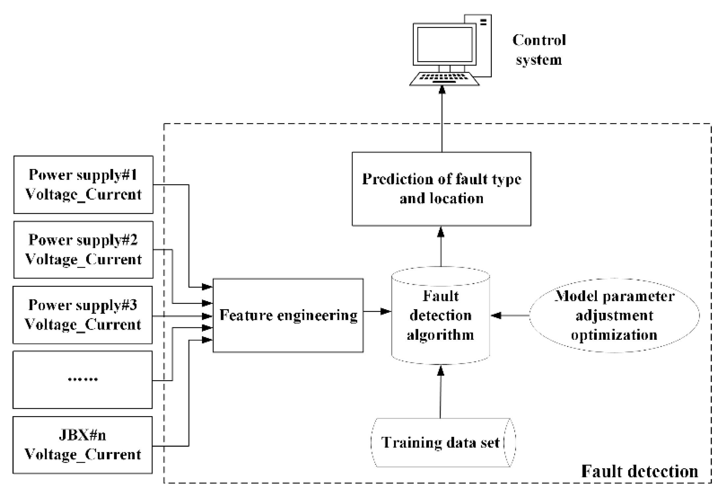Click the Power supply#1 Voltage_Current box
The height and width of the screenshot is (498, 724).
[x=83, y=185]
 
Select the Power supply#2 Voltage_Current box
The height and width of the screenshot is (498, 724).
[x=83, y=250]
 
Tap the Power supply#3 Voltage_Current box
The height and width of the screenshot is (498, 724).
[x=83, y=315]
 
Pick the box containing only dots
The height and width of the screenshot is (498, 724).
[x=83, y=380]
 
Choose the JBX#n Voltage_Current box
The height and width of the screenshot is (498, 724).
[x=83, y=445]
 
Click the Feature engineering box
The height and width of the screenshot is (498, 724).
[x=288, y=315]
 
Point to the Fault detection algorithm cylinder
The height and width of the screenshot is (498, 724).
[x=440, y=315]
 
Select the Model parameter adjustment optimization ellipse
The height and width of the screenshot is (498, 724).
[x=614, y=315]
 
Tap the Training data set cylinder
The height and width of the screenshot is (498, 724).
[x=443, y=442]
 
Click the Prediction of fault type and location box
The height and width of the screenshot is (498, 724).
[x=441, y=189]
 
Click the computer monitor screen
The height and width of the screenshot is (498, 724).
[x=445, y=45]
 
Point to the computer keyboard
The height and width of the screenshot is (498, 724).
[x=444, y=79]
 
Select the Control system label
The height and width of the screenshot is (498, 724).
[x=539, y=50]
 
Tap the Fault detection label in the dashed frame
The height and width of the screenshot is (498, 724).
[x=640, y=471]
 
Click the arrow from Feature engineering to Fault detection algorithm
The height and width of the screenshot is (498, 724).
[x=377, y=311]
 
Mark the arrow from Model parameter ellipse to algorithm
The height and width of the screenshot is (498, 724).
[x=510, y=315]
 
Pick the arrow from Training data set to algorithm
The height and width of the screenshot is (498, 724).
[x=440, y=391]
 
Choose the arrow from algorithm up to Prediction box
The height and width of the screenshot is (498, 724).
[x=441, y=246]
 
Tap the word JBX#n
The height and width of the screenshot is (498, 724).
[x=83, y=435]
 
